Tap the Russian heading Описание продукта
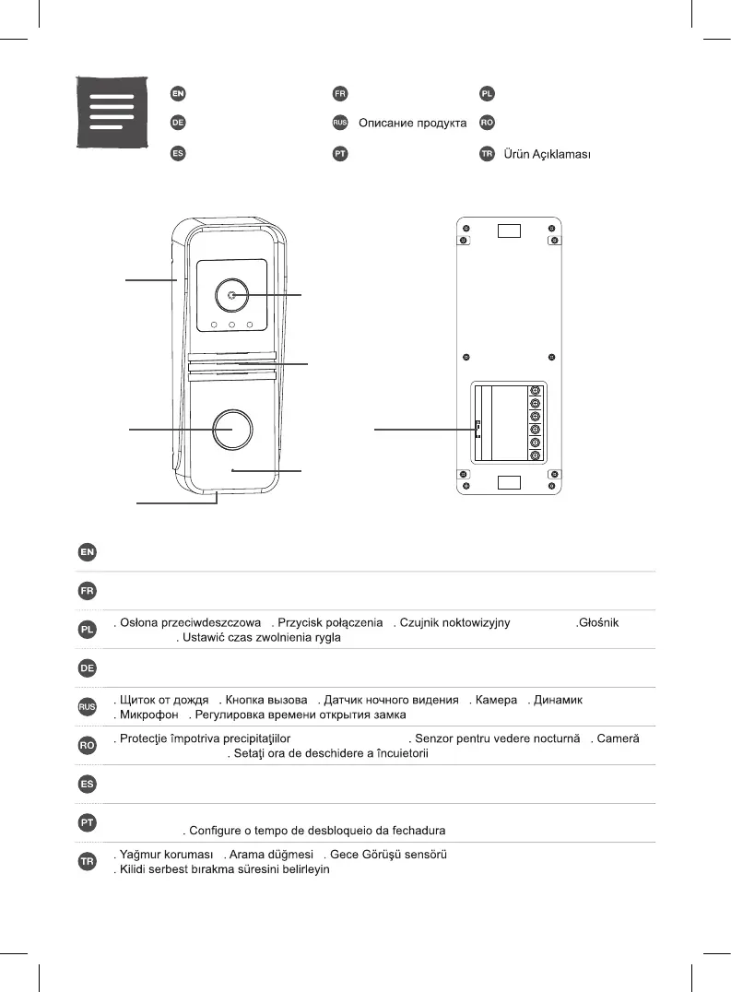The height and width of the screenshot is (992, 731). (x=412, y=124)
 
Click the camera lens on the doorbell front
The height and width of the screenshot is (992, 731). (x=230, y=295)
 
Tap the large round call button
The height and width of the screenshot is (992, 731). (x=230, y=429)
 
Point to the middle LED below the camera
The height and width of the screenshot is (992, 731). (x=231, y=325)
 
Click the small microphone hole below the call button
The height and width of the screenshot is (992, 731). (x=232, y=470)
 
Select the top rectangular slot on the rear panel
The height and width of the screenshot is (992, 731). (x=509, y=230)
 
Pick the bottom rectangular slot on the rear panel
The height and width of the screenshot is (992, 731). (x=509, y=482)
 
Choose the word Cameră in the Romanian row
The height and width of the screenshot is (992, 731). (x=626, y=738)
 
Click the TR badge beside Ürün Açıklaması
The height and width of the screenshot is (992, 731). (x=486, y=154)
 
